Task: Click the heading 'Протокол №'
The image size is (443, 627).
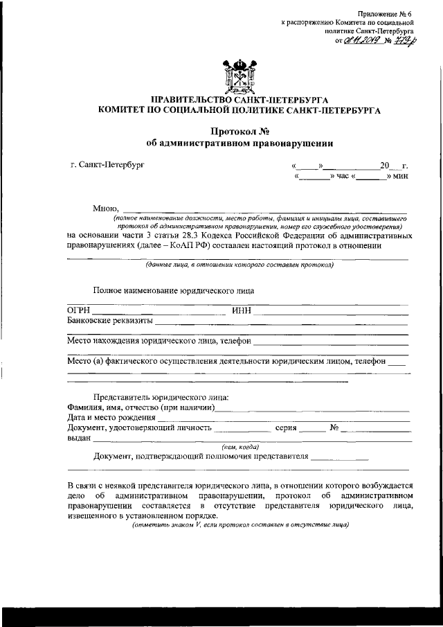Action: tap(239, 131)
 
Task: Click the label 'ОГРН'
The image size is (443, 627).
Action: tap(79, 310)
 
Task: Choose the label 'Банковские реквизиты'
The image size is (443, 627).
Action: tap(110, 321)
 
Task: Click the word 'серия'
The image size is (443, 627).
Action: tap(286, 427)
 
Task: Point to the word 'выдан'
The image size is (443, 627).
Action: tap(79, 438)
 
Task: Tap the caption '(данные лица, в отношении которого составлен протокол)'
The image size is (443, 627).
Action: tap(239, 265)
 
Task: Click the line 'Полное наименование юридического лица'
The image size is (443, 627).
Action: tap(174, 290)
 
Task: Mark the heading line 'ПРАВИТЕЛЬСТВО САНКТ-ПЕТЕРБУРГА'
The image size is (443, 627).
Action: tap(239, 100)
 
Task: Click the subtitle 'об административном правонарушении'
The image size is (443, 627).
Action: tap(239, 143)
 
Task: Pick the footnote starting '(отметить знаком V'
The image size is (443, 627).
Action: tap(239, 524)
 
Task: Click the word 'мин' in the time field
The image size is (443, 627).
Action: tap(400, 177)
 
